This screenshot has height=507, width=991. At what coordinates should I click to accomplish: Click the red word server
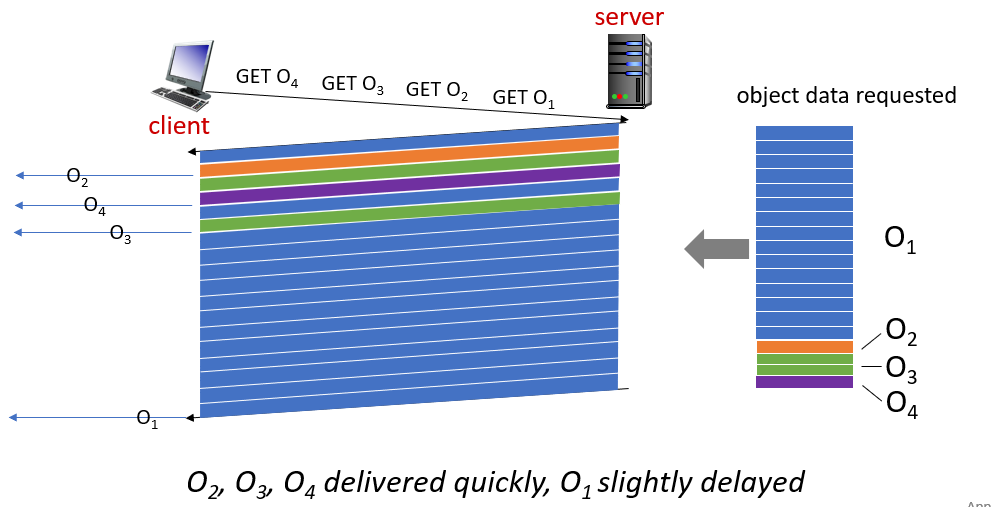point(629,16)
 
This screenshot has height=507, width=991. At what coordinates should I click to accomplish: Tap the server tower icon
point(629,71)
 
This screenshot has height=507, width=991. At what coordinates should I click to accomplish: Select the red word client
point(179,126)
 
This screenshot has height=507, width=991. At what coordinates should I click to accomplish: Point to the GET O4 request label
point(267,78)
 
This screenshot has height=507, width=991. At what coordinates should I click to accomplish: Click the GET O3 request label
point(353,84)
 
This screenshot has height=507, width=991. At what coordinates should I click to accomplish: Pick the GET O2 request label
point(437,90)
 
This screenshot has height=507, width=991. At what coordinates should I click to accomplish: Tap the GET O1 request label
point(524,98)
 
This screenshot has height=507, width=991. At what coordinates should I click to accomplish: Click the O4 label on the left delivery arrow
point(95,206)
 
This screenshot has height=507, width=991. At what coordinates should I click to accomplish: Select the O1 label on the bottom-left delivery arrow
point(147,419)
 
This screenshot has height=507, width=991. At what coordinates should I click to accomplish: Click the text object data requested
point(846,96)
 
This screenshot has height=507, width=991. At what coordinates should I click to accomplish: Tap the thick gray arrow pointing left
point(716,248)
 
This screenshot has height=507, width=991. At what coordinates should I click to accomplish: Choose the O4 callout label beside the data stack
point(901,403)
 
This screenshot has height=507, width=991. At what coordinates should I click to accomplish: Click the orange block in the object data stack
point(804,347)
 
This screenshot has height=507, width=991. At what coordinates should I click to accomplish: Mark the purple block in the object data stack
point(804,381)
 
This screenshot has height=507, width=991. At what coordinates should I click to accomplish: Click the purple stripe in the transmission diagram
point(410,184)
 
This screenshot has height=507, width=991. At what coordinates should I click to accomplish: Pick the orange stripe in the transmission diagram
point(410,156)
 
